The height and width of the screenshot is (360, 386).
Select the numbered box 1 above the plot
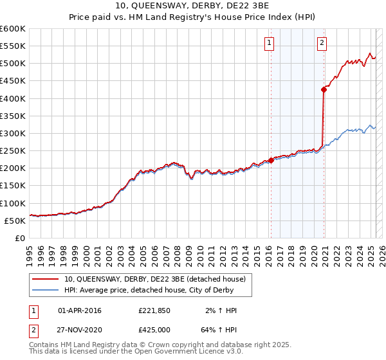tap(269, 44)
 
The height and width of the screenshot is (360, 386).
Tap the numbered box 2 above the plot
tap(322, 44)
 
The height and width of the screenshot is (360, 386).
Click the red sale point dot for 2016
tap(271, 161)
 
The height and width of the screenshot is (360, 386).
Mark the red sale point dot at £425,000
tap(324, 90)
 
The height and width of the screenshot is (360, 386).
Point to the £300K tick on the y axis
tap(14, 133)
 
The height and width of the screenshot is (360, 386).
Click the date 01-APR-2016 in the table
tap(80, 310)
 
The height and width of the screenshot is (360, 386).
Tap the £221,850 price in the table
tap(155, 310)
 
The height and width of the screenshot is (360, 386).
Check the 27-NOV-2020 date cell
tap(80, 331)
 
